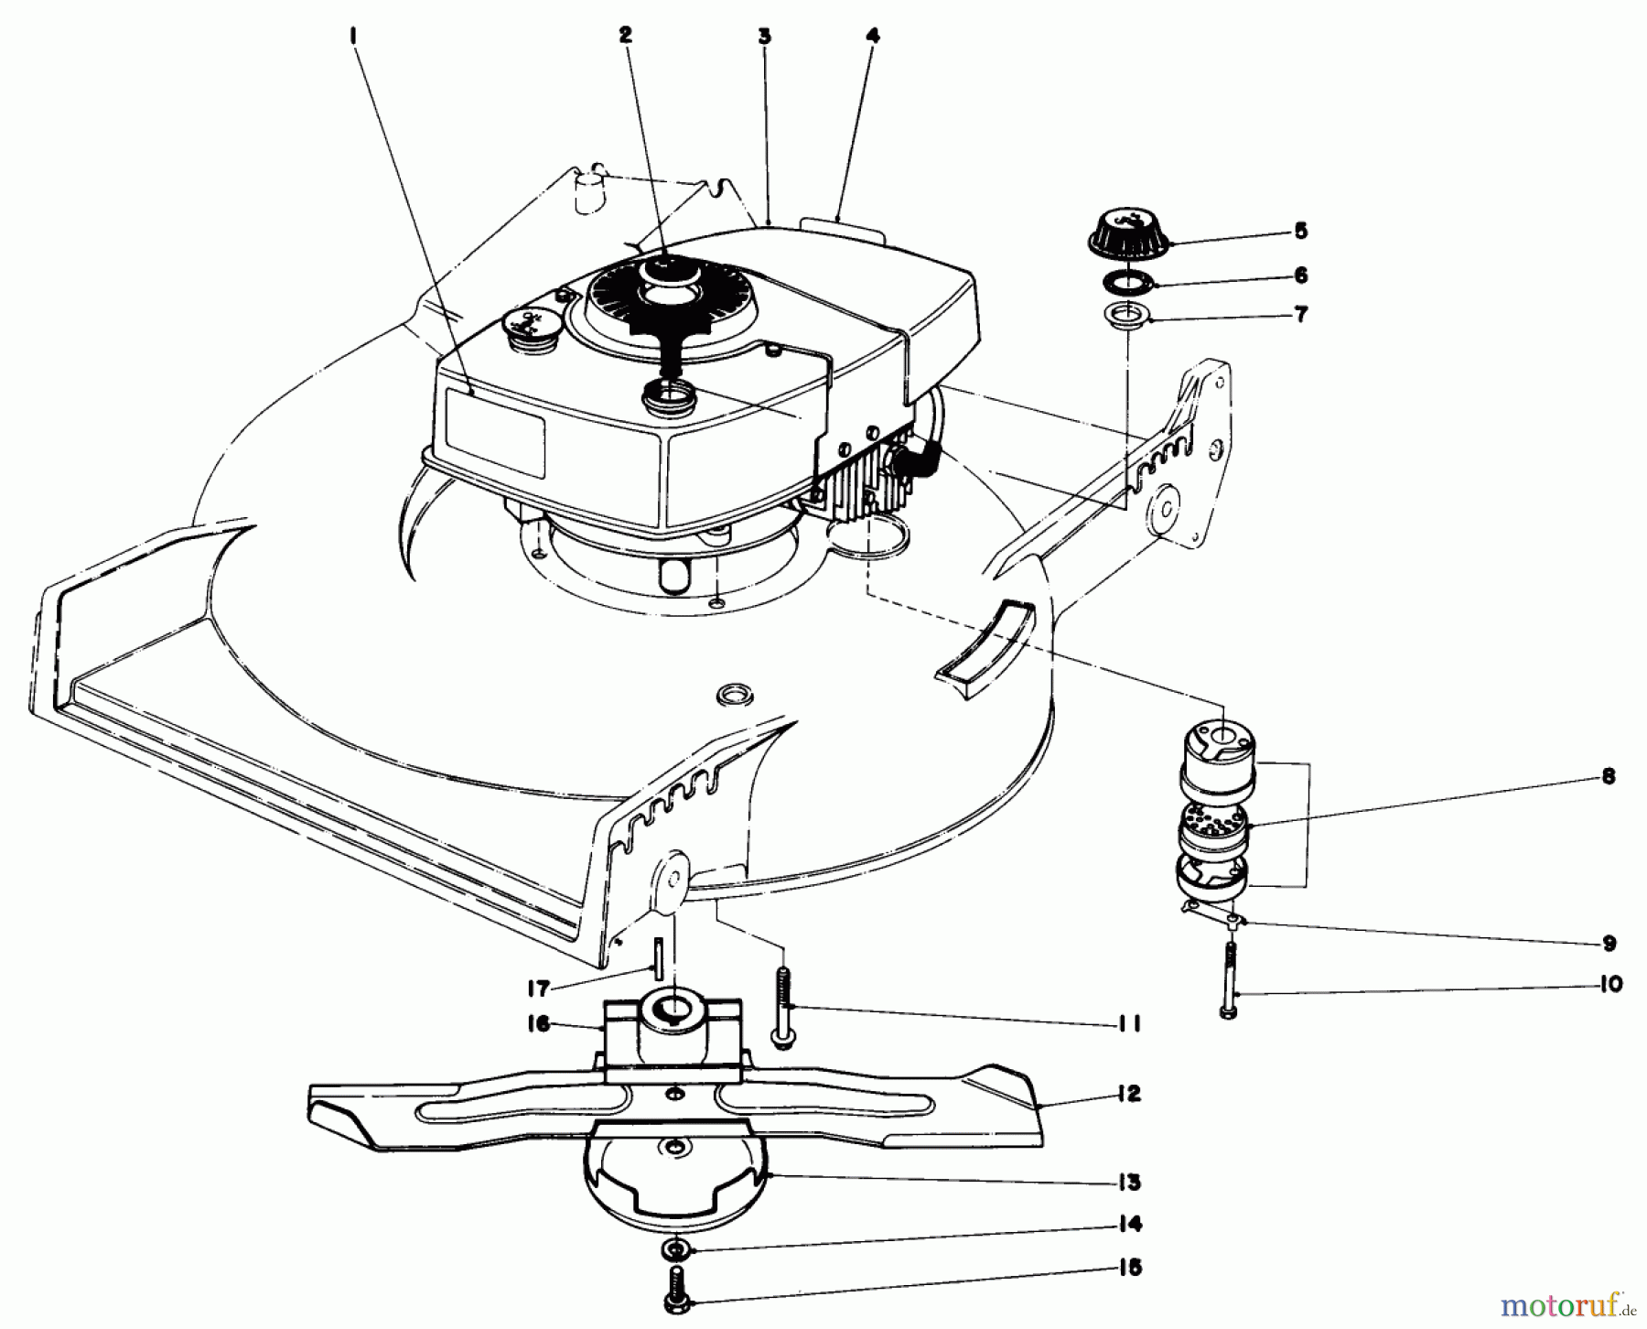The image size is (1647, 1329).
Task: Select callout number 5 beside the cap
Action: pos(1301,231)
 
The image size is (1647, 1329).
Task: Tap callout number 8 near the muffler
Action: pos(1608,777)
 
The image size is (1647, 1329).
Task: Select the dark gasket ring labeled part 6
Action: pos(1128,280)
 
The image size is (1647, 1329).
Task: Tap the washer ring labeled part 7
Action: pos(1128,318)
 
